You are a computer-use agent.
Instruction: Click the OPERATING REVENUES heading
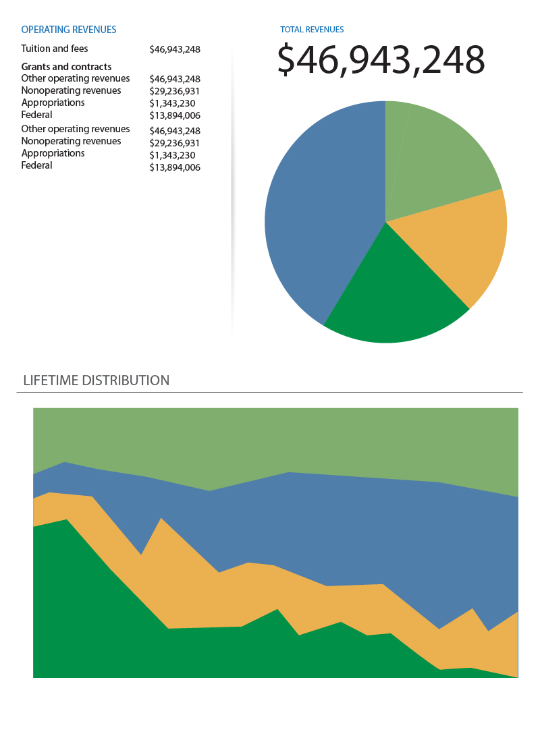pos(69,30)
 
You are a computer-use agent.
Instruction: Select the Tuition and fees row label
pos(55,49)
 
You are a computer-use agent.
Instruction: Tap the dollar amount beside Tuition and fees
pos(175,49)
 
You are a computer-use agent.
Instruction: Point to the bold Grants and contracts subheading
pos(66,67)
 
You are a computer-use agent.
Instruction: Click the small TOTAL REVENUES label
pos(312,30)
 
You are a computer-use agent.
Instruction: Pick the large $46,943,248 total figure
pos(381,59)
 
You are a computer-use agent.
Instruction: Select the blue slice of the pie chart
pos(317,209)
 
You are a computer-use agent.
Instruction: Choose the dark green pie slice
pos(391,297)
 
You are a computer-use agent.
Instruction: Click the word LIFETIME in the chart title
pos(51,380)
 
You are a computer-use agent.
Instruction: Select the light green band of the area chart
pos(270,438)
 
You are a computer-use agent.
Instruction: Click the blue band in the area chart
pos(337,526)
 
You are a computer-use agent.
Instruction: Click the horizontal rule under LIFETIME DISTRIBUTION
pos(270,392)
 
